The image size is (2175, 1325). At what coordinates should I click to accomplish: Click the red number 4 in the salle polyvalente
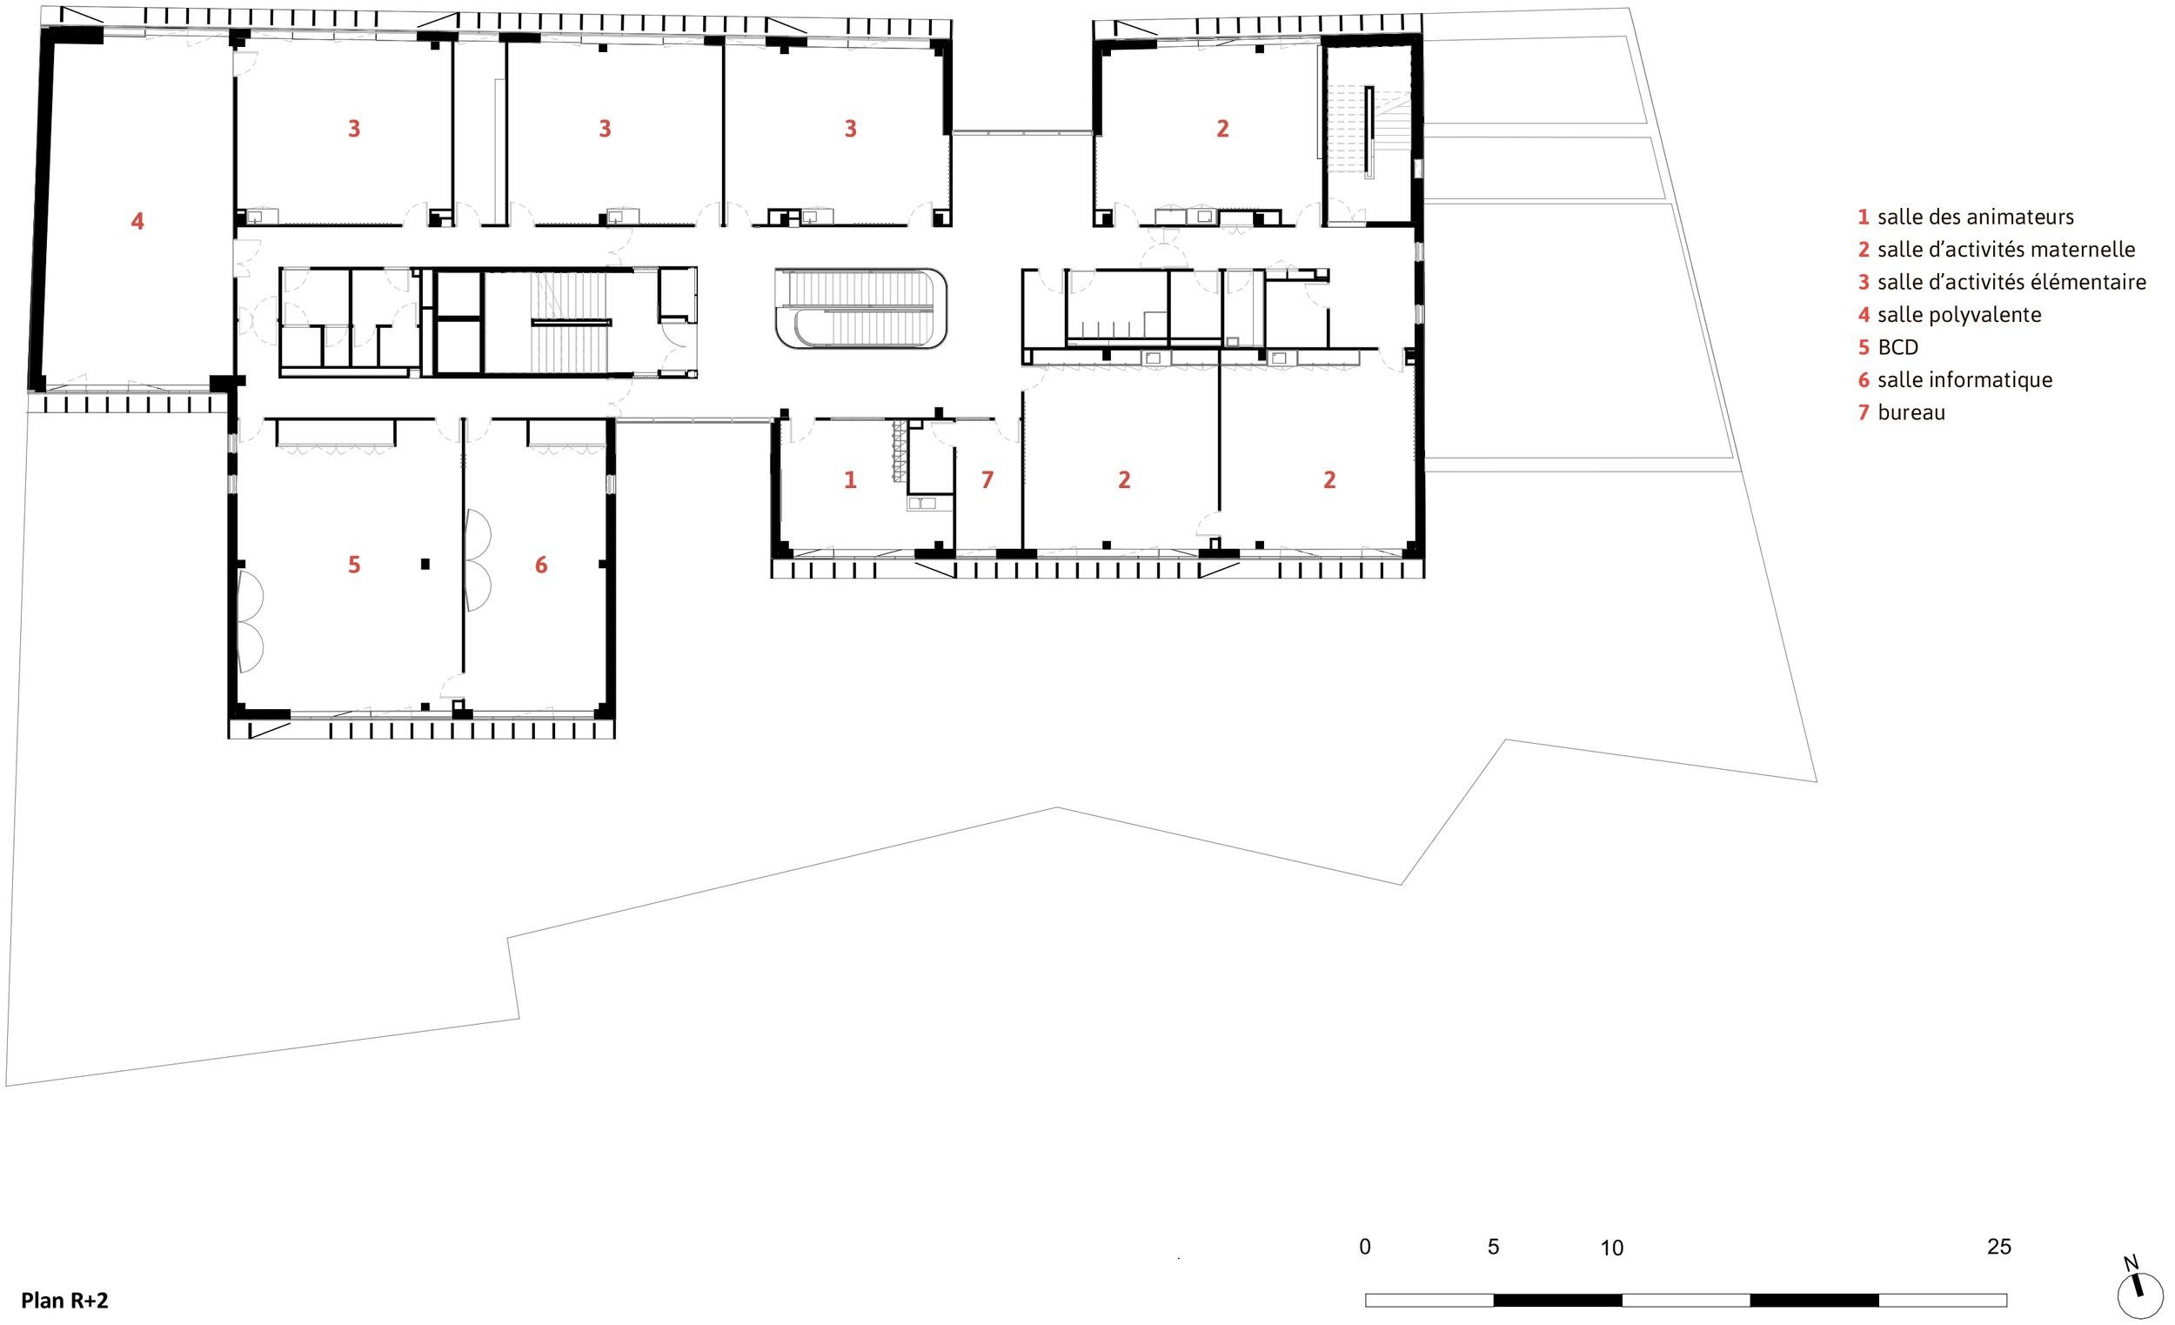coord(137,221)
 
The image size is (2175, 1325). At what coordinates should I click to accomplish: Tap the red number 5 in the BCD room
coord(354,564)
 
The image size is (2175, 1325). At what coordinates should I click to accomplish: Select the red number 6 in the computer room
coord(541,564)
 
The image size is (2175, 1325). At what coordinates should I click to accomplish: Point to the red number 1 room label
coord(850,479)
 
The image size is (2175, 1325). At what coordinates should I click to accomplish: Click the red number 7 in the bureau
coord(987,479)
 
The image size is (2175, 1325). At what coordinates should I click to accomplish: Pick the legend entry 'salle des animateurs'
coord(1976,217)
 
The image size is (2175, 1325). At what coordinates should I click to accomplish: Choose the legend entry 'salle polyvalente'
coord(1958,314)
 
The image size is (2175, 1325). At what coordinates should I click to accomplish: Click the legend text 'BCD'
coord(1897,347)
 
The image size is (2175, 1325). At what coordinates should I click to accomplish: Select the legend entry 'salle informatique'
coord(1965,379)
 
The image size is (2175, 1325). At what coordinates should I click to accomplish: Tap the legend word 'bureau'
coord(1911,412)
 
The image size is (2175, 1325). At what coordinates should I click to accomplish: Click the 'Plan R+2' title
coord(64,1301)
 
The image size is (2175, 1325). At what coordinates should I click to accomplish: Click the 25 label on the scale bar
coord(1999,1247)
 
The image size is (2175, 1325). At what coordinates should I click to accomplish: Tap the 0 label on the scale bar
coord(1366,1247)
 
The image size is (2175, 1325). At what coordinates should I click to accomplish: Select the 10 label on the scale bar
coord(1612,1248)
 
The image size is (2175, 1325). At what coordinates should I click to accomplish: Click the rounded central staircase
coord(860,308)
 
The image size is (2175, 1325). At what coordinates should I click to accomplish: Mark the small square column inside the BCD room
coord(425,563)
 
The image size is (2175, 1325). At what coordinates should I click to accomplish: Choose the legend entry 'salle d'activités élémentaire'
coord(2011,283)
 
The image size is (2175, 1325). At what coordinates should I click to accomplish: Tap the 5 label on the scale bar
coord(1493,1247)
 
